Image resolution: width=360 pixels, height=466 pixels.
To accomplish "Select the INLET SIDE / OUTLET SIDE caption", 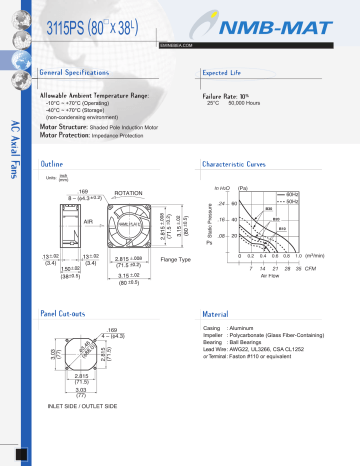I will [x=83, y=406].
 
